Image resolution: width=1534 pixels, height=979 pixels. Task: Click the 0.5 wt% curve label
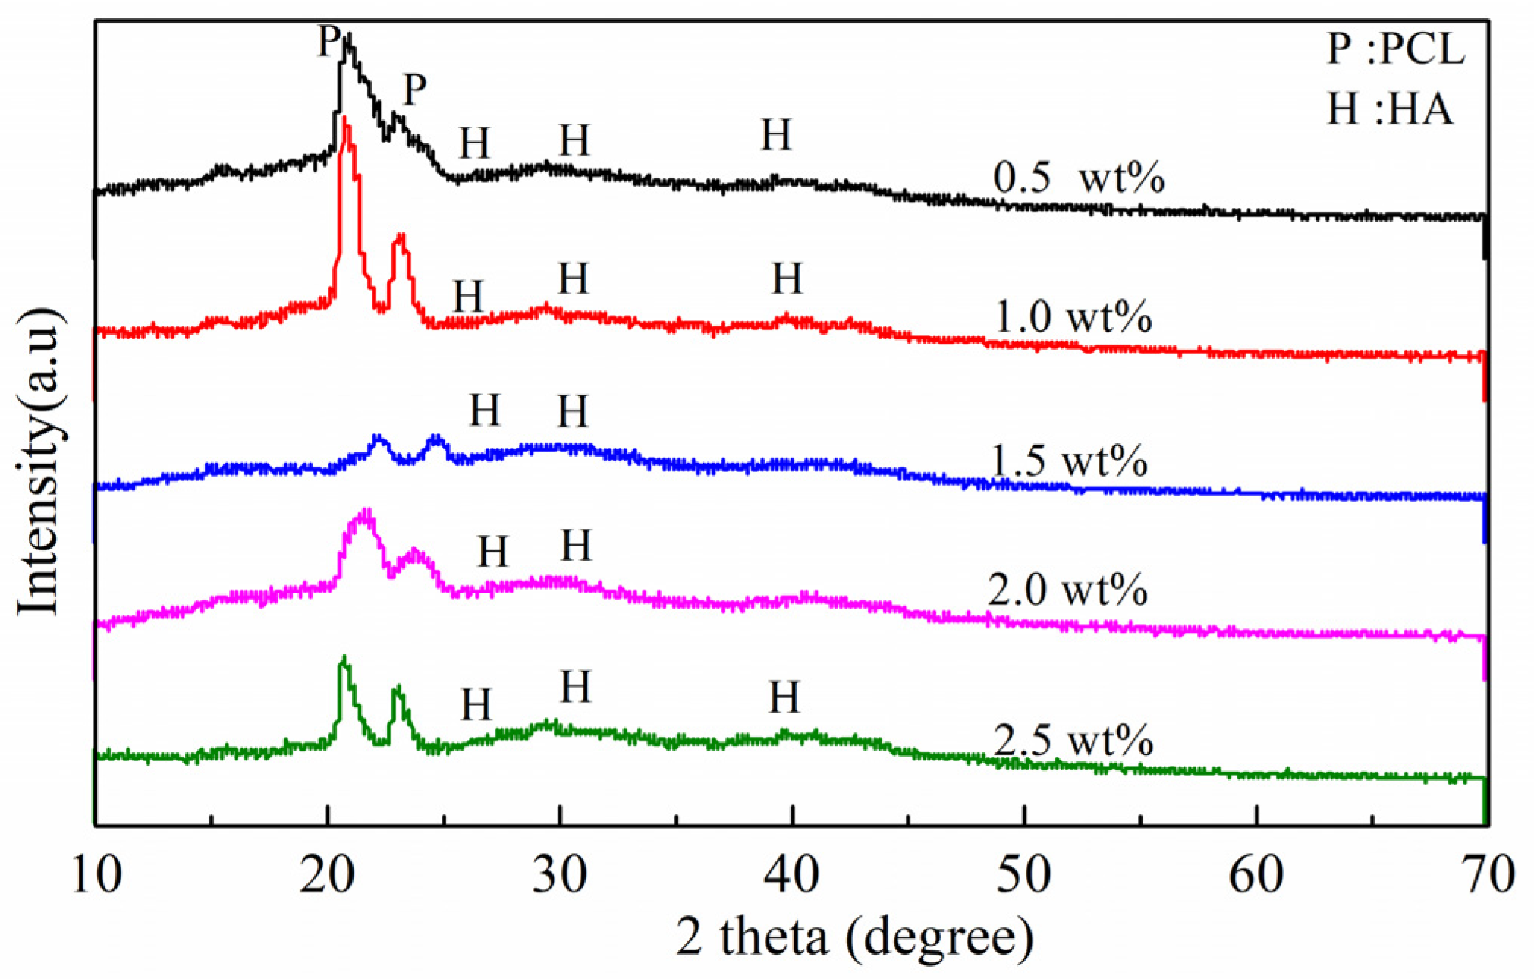(x=1078, y=179)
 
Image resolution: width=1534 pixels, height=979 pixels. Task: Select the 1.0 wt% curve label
(x=1072, y=316)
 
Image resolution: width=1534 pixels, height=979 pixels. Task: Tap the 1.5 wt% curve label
(x=1069, y=461)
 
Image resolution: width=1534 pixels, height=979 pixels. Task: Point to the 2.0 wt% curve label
(x=1067, y=590)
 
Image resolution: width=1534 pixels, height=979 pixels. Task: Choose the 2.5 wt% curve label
(x=1073, y=740)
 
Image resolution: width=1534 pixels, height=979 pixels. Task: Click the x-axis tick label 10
(x=97, y=875)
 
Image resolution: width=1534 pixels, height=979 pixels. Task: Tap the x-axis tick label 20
(x=327, y=875)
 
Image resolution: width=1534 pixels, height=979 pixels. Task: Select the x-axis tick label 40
(x=791, y=875)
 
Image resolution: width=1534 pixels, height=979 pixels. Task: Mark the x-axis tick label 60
(x=1256, y=875)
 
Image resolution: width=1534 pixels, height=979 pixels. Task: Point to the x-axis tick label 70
(x=1487, y=875)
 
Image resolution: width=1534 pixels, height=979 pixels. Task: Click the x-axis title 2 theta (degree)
(x=854, y=937)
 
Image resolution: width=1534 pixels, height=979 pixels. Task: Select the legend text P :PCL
(x=1395, y=49)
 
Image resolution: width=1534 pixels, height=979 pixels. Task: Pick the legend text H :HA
(x=1389, y=109)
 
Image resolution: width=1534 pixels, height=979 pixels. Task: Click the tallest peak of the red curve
(x=346, y=119)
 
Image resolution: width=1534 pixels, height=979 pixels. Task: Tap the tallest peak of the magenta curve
(x=366, y=512)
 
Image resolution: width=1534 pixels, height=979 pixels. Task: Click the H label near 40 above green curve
(x=784, y=697)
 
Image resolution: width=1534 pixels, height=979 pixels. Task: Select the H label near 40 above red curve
(x=787, y=279)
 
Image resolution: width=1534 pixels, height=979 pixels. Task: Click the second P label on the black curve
(x=414, y=90)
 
